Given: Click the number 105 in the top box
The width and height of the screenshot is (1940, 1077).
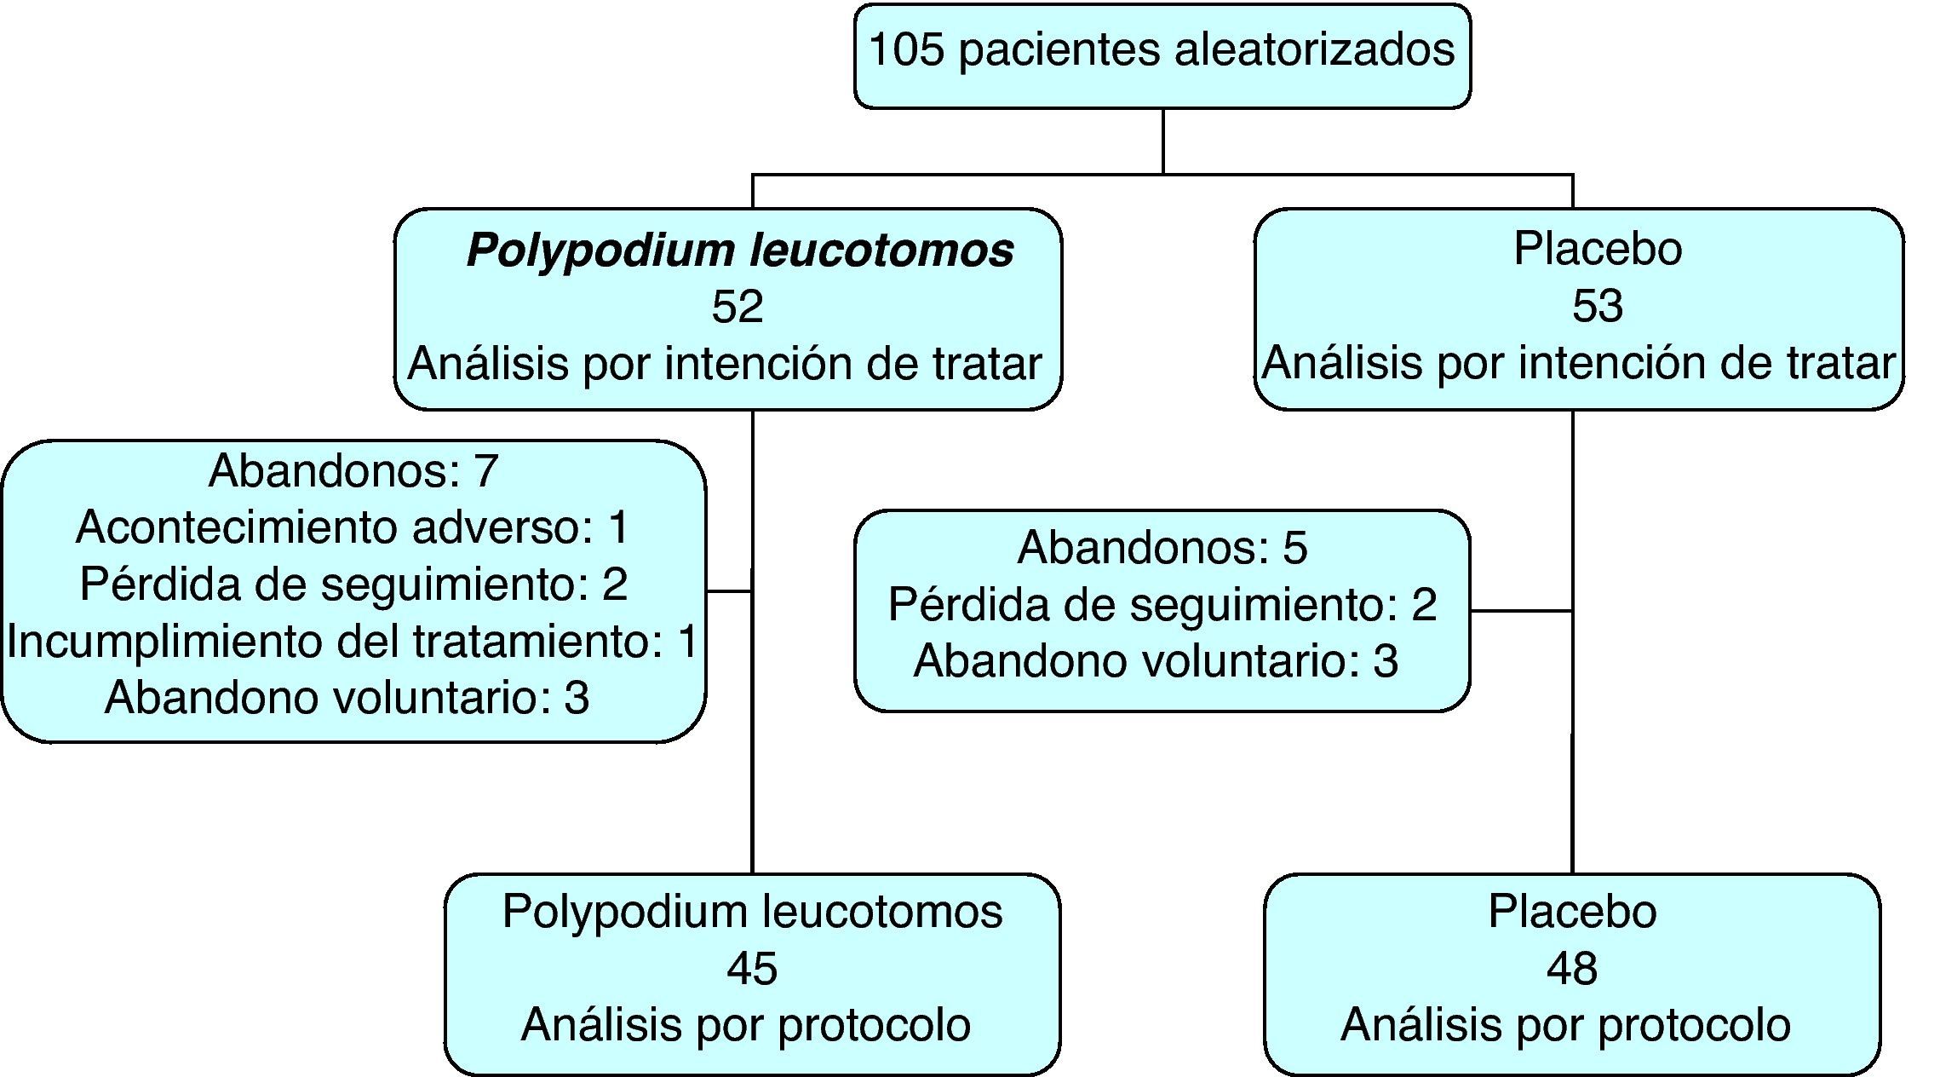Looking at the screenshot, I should [906, 49].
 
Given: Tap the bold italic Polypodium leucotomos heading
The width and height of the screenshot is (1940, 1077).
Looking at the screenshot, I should [739, 251].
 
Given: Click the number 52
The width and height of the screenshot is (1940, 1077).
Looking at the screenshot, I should [737, 307].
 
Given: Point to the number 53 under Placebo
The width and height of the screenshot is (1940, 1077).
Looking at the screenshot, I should [1597, 307].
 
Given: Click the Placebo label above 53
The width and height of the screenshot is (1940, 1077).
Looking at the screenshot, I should [1597, 249].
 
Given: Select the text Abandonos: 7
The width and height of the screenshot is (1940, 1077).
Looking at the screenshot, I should [353, 470].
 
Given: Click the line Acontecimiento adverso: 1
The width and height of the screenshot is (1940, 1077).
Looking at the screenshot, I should [353, 527].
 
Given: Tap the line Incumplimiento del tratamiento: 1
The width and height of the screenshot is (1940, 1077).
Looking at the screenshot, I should [353, 641].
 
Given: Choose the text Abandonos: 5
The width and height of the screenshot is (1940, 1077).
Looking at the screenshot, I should [1162, 547].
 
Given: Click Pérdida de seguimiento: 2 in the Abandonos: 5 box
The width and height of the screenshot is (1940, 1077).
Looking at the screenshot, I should [1162, 604].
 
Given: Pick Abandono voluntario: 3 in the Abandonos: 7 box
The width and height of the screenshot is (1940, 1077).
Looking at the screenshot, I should [347, 697].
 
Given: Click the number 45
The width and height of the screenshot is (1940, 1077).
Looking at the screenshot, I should [752, 969].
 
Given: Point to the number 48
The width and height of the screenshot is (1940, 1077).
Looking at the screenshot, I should [1571, 969].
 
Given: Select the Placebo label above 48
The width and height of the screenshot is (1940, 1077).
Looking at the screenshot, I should [1571, 912].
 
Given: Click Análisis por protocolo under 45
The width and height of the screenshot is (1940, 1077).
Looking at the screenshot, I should [745, 1024].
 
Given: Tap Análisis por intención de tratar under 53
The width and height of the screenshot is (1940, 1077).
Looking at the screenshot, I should [1578, 363].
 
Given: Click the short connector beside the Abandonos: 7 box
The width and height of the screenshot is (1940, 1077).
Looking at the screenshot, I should [729, 590].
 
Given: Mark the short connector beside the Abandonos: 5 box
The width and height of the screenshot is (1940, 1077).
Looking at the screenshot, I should [1521, 611].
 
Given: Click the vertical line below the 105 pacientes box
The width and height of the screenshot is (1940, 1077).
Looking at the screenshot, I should [1162, 141].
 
